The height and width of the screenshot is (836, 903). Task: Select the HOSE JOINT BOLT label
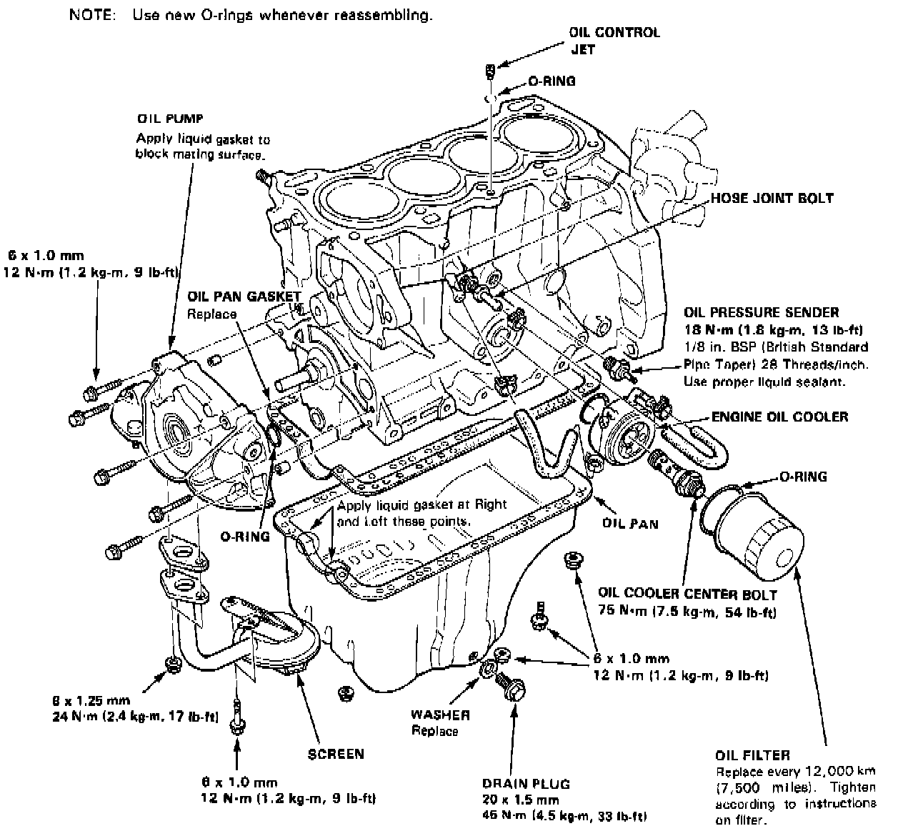771,199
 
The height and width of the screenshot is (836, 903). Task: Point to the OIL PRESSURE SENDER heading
761,312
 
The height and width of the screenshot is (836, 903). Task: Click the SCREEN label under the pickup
336,753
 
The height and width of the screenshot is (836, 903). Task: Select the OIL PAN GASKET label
244,295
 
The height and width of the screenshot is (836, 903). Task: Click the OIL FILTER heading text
752,755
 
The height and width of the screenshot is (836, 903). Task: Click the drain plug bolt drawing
509,688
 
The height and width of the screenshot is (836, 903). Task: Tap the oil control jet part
490,70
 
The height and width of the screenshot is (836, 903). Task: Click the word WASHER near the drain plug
440,714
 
